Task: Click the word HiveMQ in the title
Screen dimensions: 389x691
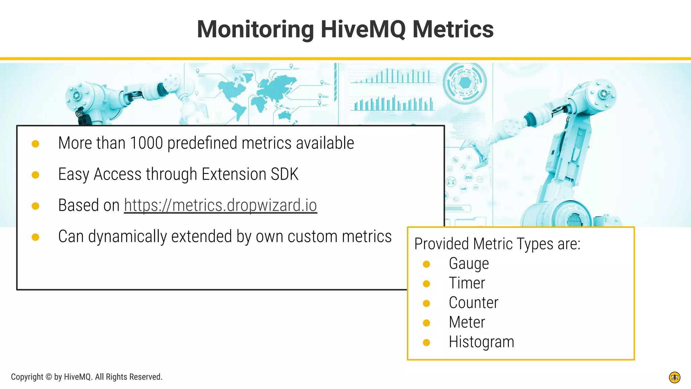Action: coord(363,29)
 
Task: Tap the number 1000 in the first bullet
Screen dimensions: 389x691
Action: coord(146,143)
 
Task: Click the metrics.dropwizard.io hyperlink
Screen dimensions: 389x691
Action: coord(220,205)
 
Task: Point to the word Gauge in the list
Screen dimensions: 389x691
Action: coord(469,264)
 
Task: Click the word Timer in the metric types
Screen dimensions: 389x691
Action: coord(467,283)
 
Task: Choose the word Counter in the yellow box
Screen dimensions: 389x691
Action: coord(473,303)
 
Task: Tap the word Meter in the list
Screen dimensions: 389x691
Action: coord(467,322)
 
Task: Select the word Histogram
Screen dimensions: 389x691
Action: coord(481,342)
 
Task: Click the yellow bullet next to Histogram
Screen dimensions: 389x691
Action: coord(426,343)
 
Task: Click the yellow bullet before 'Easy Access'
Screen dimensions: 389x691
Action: coord(35,175)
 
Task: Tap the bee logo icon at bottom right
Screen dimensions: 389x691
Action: coord(674,378)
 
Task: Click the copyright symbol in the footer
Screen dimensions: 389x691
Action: coord(49,377)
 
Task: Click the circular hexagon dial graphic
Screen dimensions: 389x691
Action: coord(465,83)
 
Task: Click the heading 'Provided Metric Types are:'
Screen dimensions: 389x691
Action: coord(497,244)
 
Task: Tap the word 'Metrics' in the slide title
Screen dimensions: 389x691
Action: coord(453,29)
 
